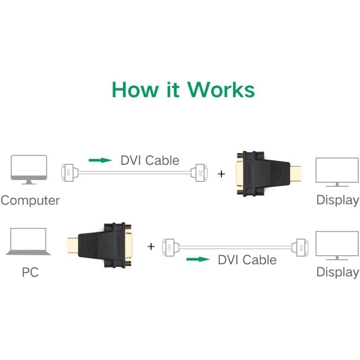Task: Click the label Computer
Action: (x=30, y=200)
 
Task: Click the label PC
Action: (x=30, y=272)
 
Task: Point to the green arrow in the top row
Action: (x=100, y=160)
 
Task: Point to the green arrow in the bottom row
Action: (x=198, y=259)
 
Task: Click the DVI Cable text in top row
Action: (x=150, y=160)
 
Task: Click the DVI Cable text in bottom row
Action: (x=247, y=260)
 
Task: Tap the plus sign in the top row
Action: (x=221, y=173)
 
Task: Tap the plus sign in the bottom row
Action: (x=151, y=246)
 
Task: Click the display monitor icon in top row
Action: (x=337, y=171)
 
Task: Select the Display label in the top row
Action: (x=337, y=200)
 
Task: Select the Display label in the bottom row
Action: (x=337, y=272)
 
